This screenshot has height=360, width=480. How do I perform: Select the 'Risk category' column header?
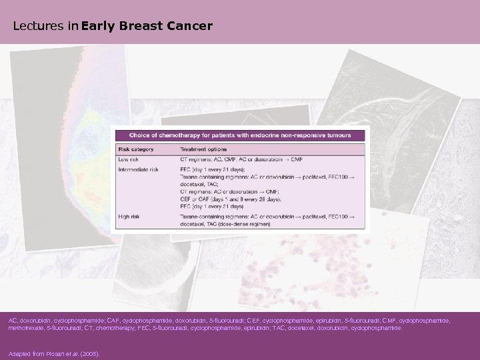pos(135,149)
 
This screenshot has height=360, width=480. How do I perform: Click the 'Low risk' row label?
pos(129,159)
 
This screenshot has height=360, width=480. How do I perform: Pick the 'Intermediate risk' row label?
pos(138,169)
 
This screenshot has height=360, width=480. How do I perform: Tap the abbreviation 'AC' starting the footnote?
pos(13,321)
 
